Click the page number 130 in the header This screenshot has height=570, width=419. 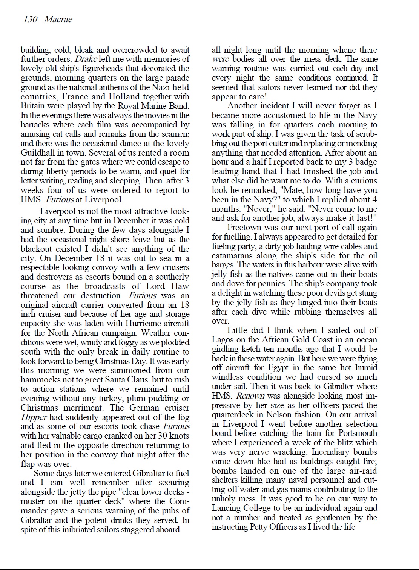[31, 19]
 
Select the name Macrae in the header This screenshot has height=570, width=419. [58, 19]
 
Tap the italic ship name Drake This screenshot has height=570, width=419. [86, 59]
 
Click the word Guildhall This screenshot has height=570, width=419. [39, 153]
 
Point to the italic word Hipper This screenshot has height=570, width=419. [34, 417]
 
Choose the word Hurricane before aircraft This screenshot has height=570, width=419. [137, 324]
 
